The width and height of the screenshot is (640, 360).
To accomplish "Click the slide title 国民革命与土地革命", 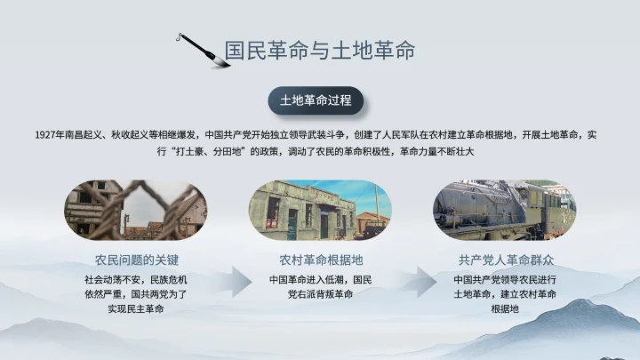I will [x=319, y=49].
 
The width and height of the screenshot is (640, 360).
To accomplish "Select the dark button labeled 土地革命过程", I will [x=316, y=100].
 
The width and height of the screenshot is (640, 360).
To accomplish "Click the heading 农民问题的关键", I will [x=137, y=260].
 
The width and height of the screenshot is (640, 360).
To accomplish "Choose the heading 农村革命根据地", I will [x=321, y=260].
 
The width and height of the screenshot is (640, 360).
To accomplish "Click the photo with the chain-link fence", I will [x=137, y=210].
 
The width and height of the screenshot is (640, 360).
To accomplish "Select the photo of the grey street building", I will [x=320, y=210].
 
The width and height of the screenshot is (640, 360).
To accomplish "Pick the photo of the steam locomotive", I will [x=504, y=210].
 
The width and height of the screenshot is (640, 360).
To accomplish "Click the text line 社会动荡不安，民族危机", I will [x=137, y=279].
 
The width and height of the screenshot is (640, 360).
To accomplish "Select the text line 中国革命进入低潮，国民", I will [x=321, y=279].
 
